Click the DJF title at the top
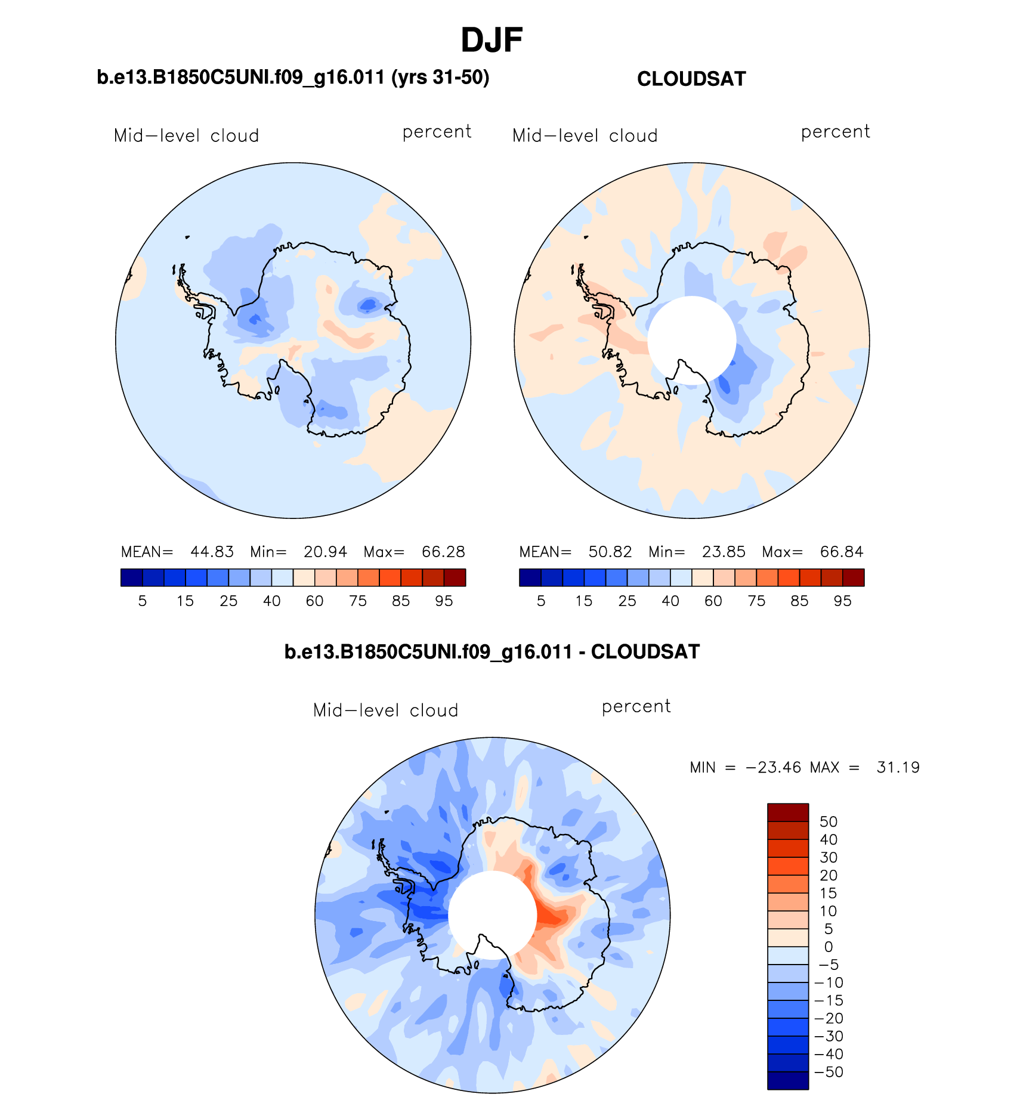tap(492, 41)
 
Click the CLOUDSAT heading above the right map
tap(691, 79)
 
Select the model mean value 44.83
tap(212, 552)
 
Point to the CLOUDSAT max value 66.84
tap(841, 552)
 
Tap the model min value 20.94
tap(325, 552)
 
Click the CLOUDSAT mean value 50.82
tap(610, 552)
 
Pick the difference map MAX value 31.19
tap(898, 767)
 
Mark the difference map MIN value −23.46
tap(773, 767)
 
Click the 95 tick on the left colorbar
tap(444, 601)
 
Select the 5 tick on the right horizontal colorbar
tap(541, 601)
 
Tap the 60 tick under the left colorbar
tap(314, 601)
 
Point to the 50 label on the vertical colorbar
tap(829, 822)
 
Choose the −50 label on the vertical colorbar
tap(829, 1072)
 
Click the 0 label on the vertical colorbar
tap(829, 947)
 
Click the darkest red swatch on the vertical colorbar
tap(788, 812)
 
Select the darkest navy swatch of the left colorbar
tap(131, 577)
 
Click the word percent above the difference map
tap(636, 706)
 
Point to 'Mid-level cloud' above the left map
tap(186, 136)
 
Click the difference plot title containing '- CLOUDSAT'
tap(492, 652)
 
